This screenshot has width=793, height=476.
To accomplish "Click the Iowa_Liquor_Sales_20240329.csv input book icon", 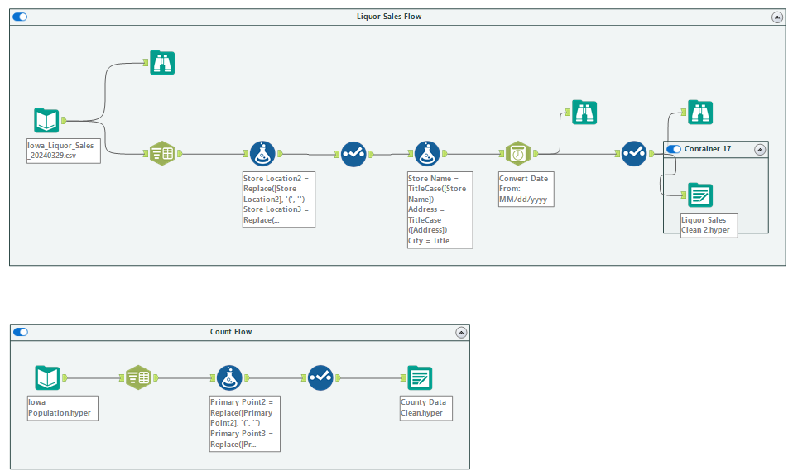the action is point(46,120).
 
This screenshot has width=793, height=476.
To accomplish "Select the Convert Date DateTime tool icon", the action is point(518,153).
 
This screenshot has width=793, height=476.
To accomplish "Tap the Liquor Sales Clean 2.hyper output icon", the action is point(700,195).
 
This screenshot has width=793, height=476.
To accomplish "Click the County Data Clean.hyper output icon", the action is point(420,377).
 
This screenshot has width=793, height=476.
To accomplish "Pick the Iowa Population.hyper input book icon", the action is point(47,377).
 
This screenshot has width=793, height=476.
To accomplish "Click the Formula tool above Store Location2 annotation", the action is point(262,154).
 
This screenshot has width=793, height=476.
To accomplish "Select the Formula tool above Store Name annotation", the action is point(427,154).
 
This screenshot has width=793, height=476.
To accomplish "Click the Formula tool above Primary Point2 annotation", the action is point(229,377).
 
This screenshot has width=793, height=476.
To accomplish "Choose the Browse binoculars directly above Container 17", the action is point(700,113).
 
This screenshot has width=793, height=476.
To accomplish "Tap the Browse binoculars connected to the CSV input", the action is point(162,63).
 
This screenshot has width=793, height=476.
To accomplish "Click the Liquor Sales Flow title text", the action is point(389,17).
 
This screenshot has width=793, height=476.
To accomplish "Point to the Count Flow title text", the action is point(231,332).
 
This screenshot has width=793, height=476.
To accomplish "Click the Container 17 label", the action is point(708,149).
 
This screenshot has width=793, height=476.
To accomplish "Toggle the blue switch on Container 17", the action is point(674,149).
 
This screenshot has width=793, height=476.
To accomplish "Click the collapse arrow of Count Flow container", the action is point(461,333).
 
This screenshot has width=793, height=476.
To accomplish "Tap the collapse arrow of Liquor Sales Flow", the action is point(777,17).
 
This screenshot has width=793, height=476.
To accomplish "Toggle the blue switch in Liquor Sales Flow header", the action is point(20,17).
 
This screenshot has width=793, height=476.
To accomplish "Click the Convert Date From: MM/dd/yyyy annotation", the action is point(526,190).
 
